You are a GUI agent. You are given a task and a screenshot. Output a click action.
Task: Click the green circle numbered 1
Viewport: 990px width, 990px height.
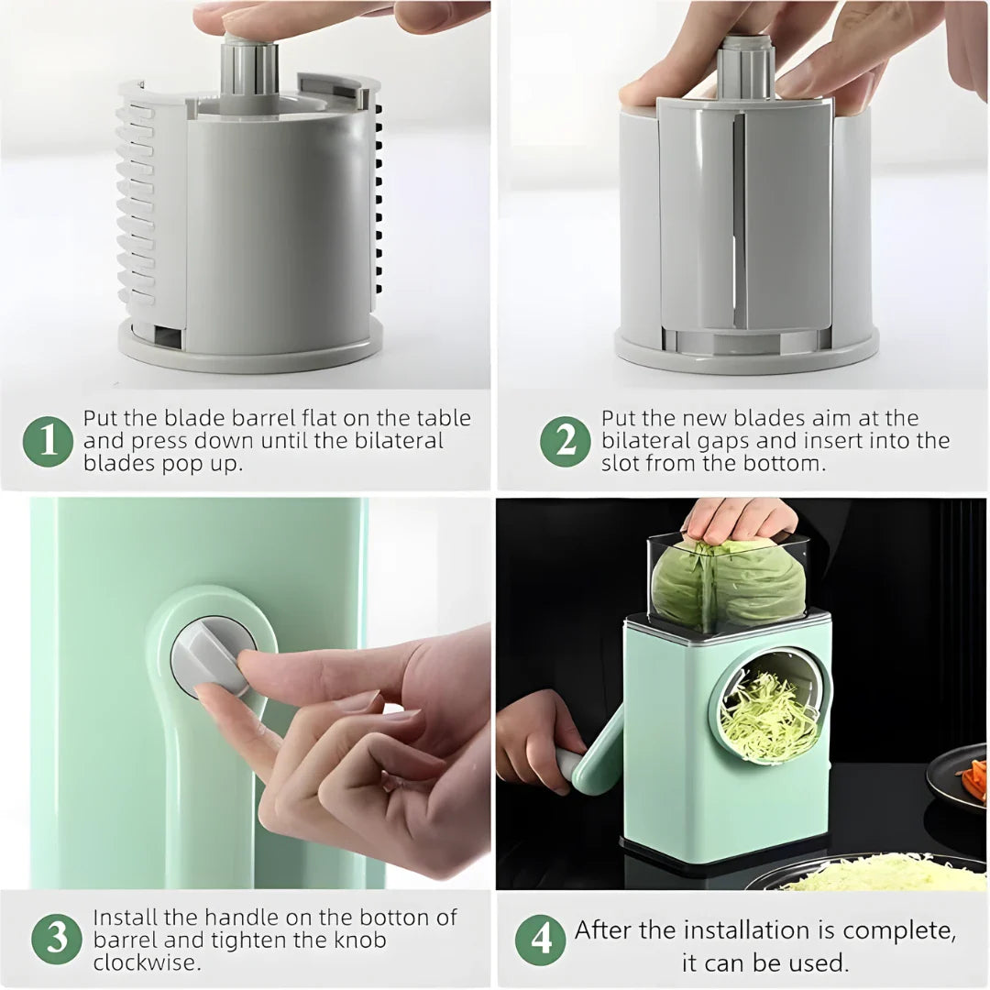48,442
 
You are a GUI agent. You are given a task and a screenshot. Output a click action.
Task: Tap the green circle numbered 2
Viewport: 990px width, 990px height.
565,442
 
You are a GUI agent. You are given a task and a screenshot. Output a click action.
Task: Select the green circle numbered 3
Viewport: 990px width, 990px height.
57,940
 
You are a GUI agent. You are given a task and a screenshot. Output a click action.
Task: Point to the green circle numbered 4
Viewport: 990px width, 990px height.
540,940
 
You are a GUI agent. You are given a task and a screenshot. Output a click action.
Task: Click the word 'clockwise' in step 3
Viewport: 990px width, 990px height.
147,962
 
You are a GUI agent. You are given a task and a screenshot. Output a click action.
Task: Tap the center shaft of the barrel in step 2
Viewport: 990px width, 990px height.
744,68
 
